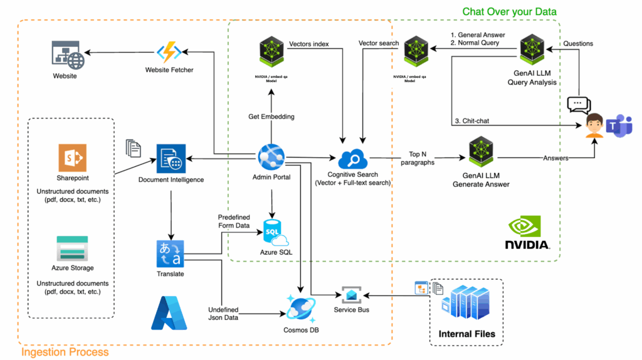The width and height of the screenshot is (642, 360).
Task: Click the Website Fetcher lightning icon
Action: [x=168, y=52]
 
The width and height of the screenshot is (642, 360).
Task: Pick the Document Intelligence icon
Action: [x=171, y=159]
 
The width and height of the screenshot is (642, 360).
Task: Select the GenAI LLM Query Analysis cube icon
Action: [x=535, y=50]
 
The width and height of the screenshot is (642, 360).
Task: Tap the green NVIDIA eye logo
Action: [x=526, y=226]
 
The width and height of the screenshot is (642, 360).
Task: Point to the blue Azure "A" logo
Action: [x=169, y=314]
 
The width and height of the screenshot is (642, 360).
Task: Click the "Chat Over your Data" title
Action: [x=509, y=11]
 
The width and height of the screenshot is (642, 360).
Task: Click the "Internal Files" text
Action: [x=467, y=333]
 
